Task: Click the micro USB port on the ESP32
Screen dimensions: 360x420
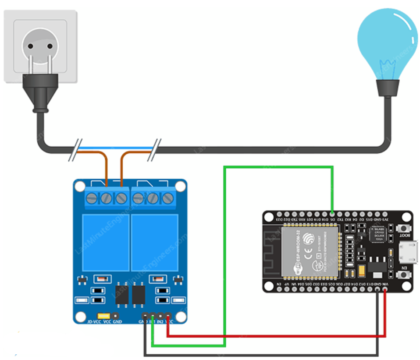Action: click(409, 252)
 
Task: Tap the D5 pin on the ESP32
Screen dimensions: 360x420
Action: click(332, 214)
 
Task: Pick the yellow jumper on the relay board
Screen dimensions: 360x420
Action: click(104, 315)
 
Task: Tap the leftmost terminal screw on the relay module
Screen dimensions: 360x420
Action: click(92, 198)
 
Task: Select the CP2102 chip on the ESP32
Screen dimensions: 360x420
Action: click(377, 234)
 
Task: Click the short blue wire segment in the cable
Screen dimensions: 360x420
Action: click(116, 148)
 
